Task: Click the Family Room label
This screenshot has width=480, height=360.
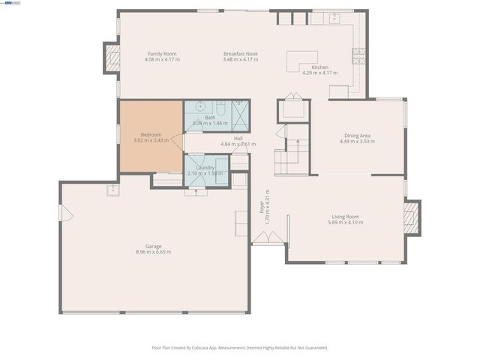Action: pyautogui.click(x=161, y=54)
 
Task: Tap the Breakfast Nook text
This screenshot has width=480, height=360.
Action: pyautogui.click(x=241, y=54)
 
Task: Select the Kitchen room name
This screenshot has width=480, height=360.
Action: pyautogui.click(x=320, y=67)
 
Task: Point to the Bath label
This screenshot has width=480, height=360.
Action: pyautogui.click(x=209, y=117)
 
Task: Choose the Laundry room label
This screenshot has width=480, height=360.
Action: pyautogui.click(x=205, y=167)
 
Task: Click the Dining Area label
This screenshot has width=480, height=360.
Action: pyautogui.click(x=355, y=136)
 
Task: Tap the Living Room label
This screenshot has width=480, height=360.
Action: pyautogui.click(x=346, y=217)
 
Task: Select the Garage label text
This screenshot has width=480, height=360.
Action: pyautogui.click(x=153, y=246)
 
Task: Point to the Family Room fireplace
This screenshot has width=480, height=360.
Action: pyautogui.click(x=112, y=58)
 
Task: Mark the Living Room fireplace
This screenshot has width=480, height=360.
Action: pyautogui.click(x=412, y=217)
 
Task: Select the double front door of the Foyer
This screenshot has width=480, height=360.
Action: pyautogui.click(x=268, y=238)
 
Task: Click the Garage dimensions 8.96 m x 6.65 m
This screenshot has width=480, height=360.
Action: pyautogui.click(x=153, y=252)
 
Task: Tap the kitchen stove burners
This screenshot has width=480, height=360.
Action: pyautogui.click(x=359, y=55)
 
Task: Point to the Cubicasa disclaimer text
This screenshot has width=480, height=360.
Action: pyautogui.click(x=240, y=348)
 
